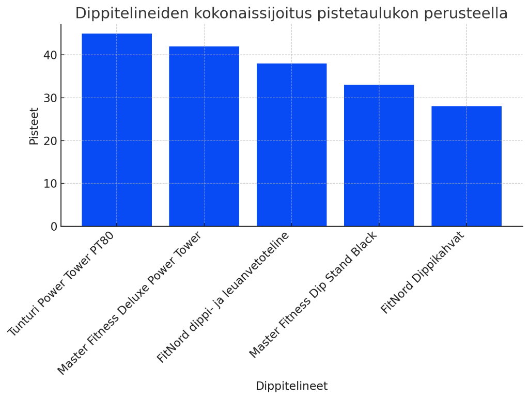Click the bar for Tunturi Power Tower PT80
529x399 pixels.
117,130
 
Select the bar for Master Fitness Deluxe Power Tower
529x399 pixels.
204,136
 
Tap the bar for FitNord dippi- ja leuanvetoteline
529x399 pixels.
291,145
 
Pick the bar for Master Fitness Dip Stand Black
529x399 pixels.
379,155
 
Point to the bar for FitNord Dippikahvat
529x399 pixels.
466,166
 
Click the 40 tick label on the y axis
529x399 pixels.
50,55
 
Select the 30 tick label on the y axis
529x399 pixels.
50,98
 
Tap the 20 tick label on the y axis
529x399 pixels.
50,141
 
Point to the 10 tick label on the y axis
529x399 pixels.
50,184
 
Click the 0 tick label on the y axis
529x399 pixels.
54,227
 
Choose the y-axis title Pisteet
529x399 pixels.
34,126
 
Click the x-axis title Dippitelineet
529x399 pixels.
291,386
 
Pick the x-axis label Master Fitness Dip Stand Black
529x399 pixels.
313,294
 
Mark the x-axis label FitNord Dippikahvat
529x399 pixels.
423,272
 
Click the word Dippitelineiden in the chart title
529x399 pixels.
133,13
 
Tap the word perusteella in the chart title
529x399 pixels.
468,13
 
